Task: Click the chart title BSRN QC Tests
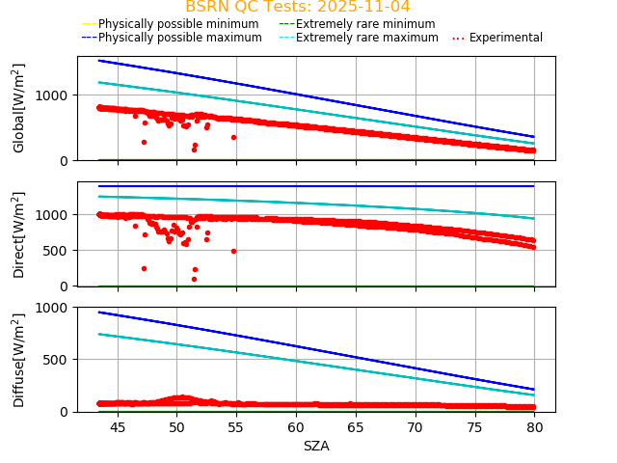click(x=297, y=7)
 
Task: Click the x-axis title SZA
click(x=316, y=446)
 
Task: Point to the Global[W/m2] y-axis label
click(x=19, y=108)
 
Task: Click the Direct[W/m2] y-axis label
click(x=19, y=234)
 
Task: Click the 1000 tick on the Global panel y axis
click(x=52, y=95)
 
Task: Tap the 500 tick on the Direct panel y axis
click(x=58, y=251)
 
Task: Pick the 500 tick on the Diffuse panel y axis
click(x=58, y=360)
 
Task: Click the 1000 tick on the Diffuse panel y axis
click(x=52, y=308)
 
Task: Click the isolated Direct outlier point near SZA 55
click(x=233, y=251)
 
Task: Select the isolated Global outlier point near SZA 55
click(x=233, y=137)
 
